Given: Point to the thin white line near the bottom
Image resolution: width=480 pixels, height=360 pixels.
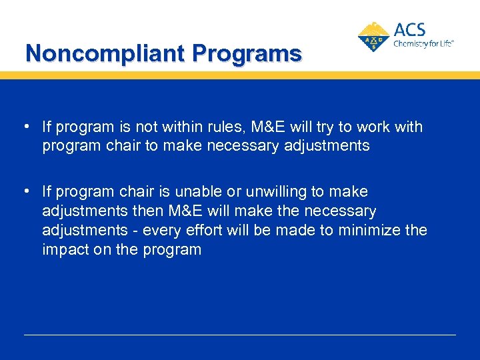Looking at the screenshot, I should pyautogui.click(x=240, y=335).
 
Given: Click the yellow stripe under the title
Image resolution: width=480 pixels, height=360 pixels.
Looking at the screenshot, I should pyautogui.click(x=240, y=75).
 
